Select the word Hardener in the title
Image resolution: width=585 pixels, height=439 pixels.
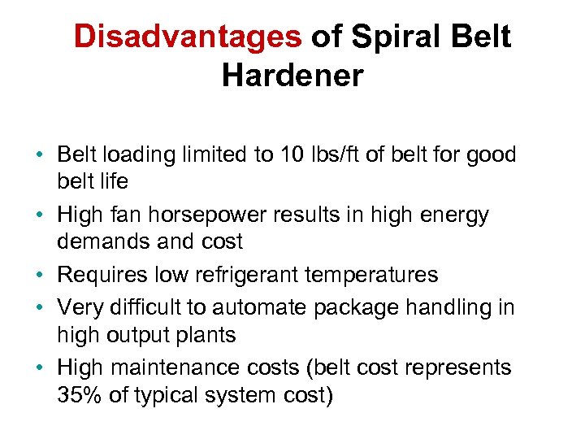tap(292, 75)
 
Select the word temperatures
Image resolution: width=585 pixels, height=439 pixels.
tap(371, 275)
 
